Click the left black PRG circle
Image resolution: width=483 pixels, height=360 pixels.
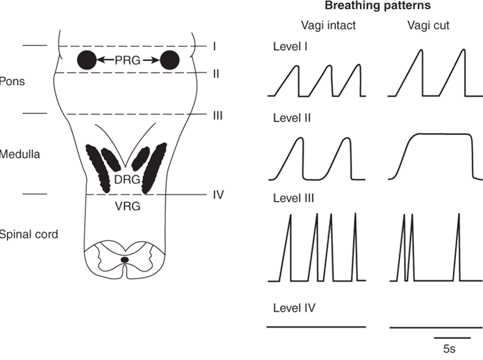[86, 59]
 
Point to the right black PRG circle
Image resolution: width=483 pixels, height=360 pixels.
[170, 59]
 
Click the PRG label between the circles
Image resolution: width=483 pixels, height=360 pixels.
[128, 59]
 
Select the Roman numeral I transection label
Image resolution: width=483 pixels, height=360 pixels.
[214, 46]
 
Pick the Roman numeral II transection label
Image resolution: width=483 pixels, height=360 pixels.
[216, 73]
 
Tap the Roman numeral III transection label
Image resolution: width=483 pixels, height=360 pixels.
[217, 115]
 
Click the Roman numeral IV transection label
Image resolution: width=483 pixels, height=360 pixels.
[218, 195]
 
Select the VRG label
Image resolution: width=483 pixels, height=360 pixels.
[128, 206]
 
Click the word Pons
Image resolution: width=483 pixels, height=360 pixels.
[12, 81]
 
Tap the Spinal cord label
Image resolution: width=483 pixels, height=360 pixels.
[28, 234]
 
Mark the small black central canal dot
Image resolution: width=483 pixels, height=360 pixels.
[125, 259]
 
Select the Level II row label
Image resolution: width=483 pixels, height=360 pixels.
[292, 118]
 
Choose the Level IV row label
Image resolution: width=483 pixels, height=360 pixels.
[294, 307]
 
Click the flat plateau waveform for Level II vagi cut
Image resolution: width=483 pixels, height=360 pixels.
[439, 134]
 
